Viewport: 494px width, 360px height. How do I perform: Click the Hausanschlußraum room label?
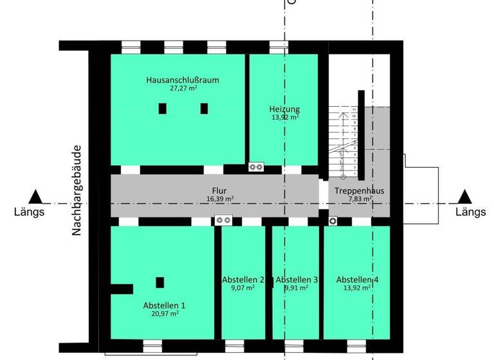[x=183, y=80]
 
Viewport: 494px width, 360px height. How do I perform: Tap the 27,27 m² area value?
[x=183, y=89]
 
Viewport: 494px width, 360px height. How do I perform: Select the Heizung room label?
[x=284, y=109]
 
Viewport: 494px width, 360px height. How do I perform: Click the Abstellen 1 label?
[x=164, y=305]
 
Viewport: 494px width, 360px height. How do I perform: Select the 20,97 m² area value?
[x=164, y=314]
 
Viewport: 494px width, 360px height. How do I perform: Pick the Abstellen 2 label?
[x=243, y=280]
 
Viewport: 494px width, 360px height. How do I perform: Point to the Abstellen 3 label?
[x=297, y=280]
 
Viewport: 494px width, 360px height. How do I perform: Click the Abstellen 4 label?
[x=357, y=280]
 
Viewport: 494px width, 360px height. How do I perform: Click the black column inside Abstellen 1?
[x=160, y=282]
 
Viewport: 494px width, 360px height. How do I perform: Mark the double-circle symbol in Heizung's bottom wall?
[x=256, y=167]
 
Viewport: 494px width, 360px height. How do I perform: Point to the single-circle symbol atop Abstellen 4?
[x=333, y=221]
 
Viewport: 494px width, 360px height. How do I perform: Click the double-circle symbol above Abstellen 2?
[x=224, y=221]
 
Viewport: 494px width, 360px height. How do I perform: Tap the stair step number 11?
[x=354, y=110]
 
